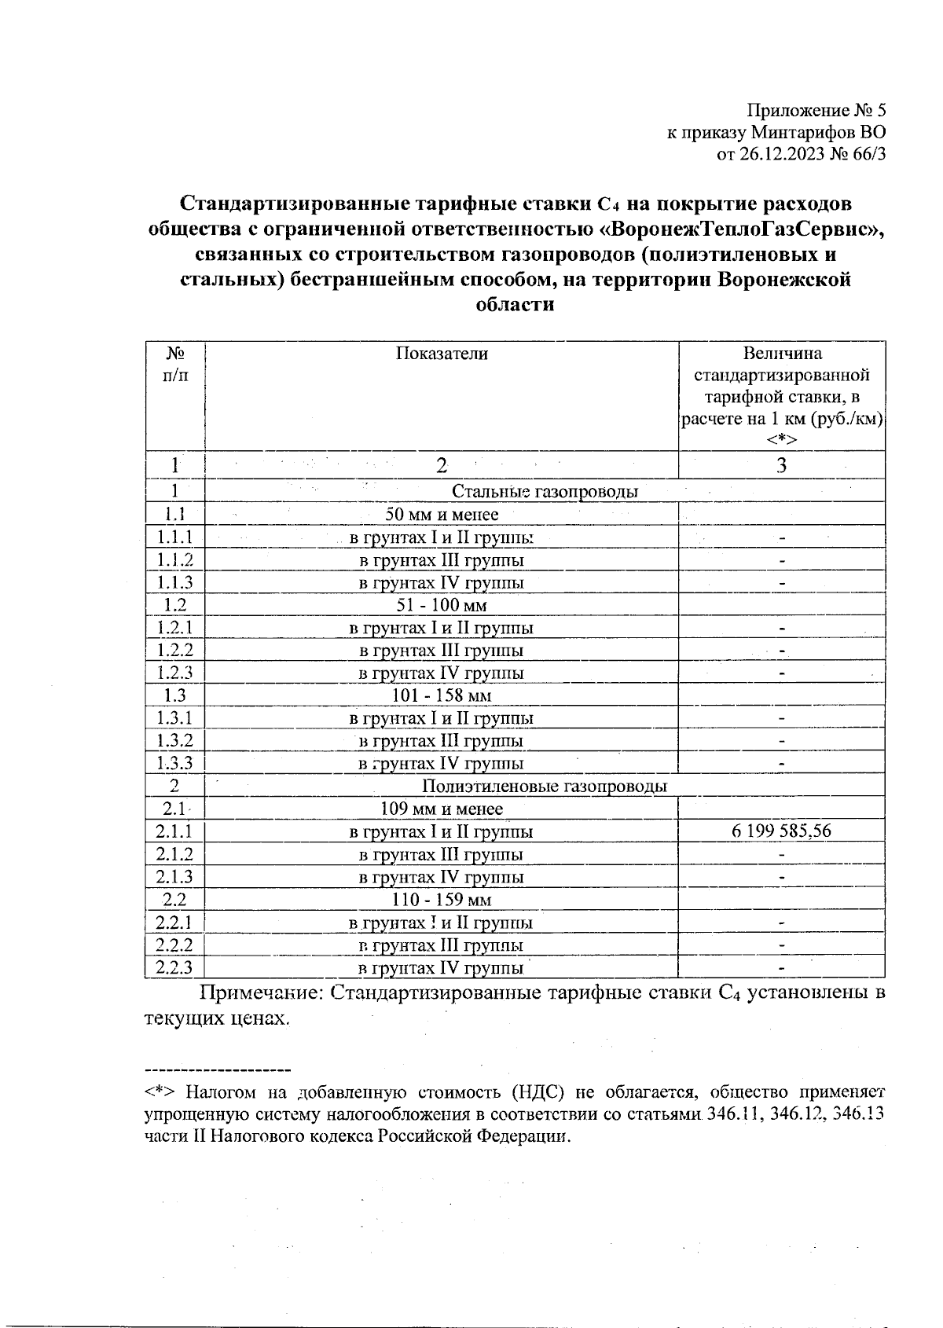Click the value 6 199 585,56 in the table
[781, 831]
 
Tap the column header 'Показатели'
[442, 354]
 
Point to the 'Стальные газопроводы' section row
[544, 492]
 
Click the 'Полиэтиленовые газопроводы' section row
[545, 787]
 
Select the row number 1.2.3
[174, 673]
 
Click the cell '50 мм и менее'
[442, 515]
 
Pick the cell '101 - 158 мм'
[442, 695]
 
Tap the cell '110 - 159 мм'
[442, 900]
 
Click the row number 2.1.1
[174, 831]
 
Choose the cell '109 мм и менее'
[442, 809]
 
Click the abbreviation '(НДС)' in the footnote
[538, 1093]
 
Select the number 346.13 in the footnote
[858, 1114]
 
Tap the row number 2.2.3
[174, 967]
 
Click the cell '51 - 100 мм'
[442, 605]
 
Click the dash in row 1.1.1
[782, 538]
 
